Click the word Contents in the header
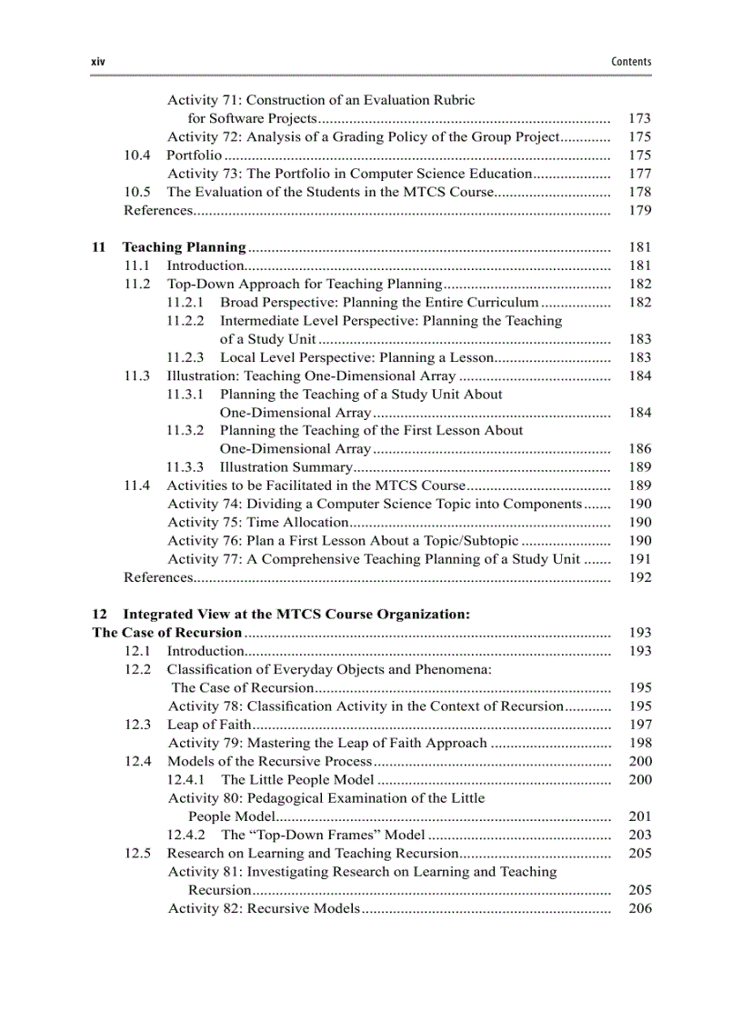point(631,62)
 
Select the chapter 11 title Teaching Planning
point(184,247)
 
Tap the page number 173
point(640,119)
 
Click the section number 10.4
point(137,155)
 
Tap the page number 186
point(640,449)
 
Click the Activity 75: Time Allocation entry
point(258,523)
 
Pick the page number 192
point(640,577)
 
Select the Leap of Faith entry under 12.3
point(208,725)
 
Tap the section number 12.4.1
point(186,780)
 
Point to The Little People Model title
point(297,780)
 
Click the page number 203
point(640,835)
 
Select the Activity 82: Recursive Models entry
point(265,908)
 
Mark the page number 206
point(640,908)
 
